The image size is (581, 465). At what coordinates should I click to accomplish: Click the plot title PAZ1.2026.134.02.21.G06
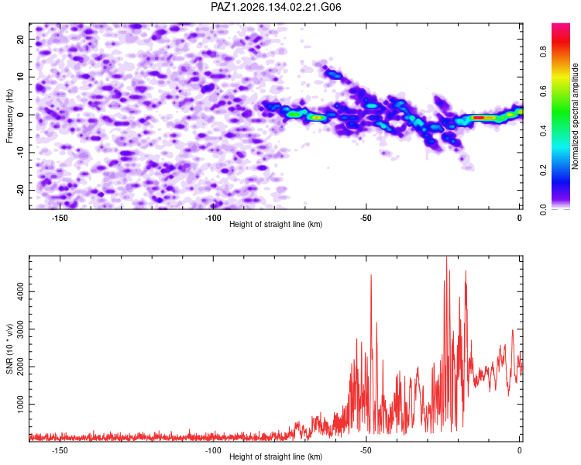pos(276,7)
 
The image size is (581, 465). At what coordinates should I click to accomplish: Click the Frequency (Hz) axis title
pos(9,116)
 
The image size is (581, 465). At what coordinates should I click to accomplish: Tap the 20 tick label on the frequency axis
pos(21,39)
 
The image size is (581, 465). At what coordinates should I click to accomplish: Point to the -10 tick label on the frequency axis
pos(21,153)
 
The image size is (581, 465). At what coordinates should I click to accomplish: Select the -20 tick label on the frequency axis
pos(21,190)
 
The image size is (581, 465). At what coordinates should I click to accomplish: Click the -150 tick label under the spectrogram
pos(60,218)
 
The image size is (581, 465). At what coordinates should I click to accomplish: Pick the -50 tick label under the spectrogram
pos(366,218)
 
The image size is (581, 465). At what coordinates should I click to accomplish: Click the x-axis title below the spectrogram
pos(276,224)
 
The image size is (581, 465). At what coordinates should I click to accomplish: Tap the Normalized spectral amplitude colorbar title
pos(575,116)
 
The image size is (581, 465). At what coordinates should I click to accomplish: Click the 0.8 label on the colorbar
pos(543,52)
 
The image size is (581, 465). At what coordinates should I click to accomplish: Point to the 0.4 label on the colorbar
pos(543,130)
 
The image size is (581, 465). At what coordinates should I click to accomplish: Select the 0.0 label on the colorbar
pos(543,209)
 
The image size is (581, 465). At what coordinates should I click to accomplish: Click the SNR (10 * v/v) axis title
pos(9,349)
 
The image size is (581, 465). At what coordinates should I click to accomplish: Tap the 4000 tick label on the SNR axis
pos(21,292)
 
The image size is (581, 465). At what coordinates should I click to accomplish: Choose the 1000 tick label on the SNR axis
pos(21,405)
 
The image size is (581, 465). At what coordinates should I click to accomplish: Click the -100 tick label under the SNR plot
pos(213,450)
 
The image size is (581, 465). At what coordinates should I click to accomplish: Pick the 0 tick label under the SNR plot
pos(520,450)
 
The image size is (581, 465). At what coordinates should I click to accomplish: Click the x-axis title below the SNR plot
pos(276,456)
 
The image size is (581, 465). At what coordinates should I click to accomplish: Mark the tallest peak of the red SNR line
pos(446,257)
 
